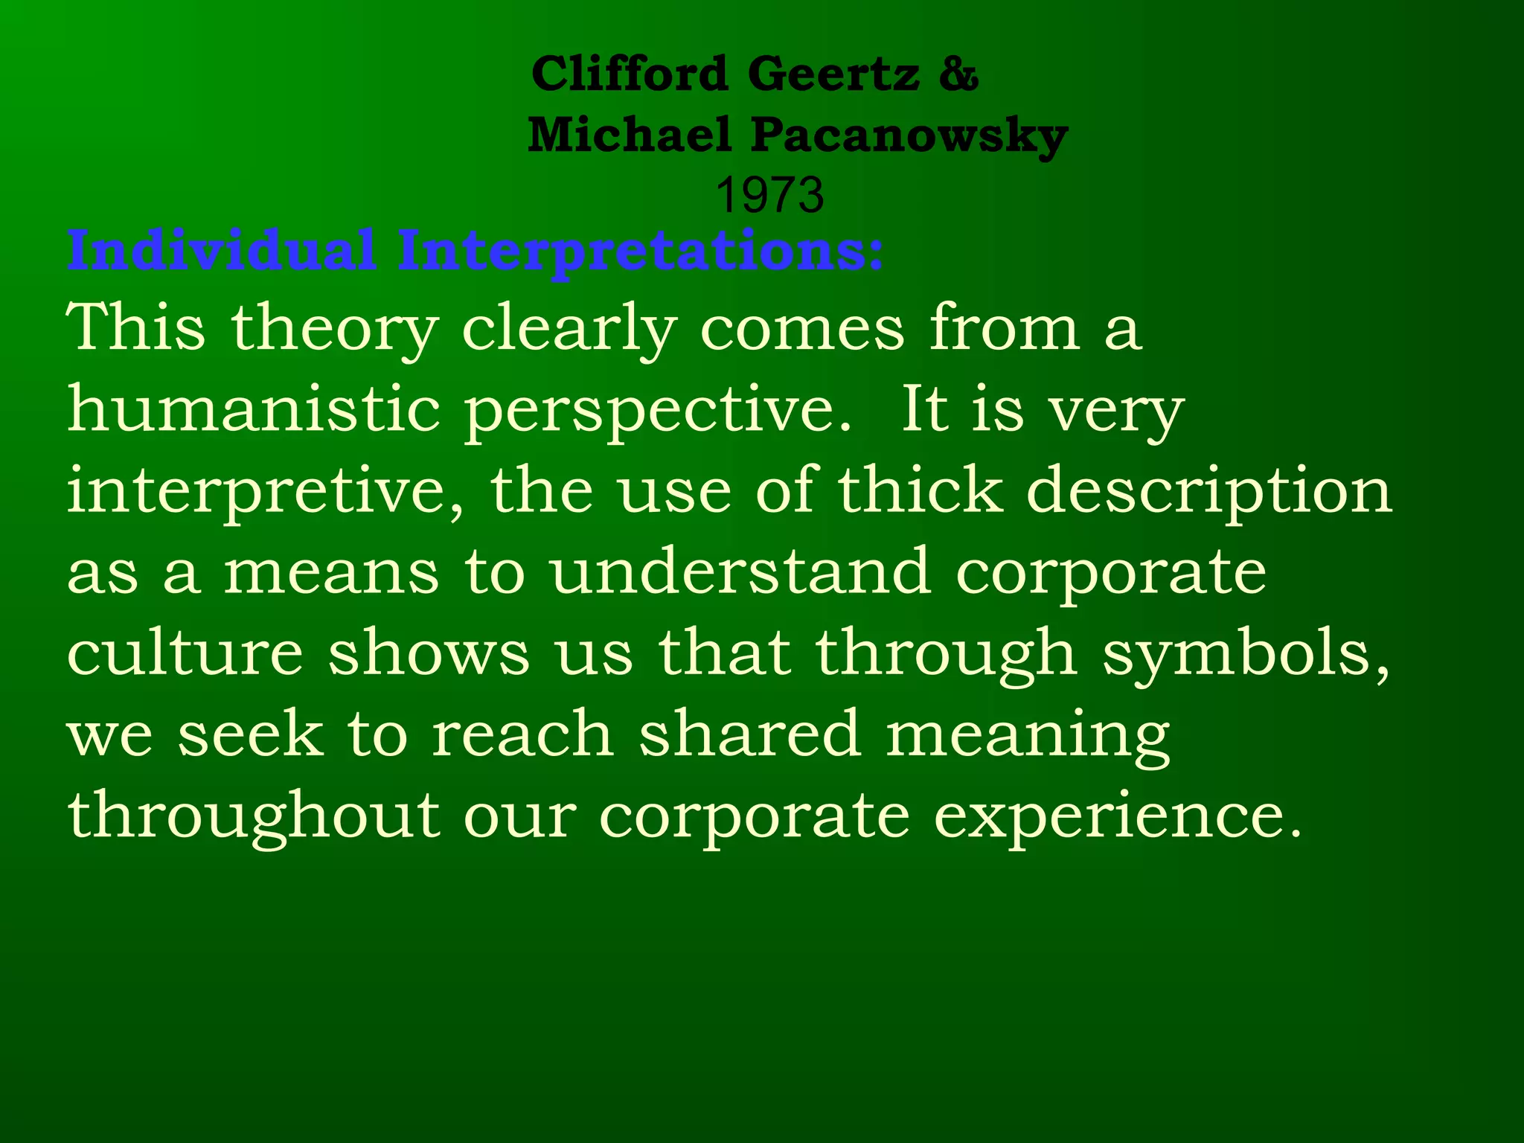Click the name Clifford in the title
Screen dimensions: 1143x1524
(629, 74)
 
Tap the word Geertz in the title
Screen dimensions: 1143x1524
(833, 74)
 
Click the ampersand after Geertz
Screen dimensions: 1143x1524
(958, 74)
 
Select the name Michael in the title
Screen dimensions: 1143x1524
(630, 135)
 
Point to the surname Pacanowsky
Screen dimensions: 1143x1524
(909, 137)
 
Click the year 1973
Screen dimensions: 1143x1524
(769, 195)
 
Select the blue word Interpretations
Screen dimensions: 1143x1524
(640, 252)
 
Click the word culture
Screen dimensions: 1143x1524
(185, 653)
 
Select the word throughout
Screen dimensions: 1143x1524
(254, 816)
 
